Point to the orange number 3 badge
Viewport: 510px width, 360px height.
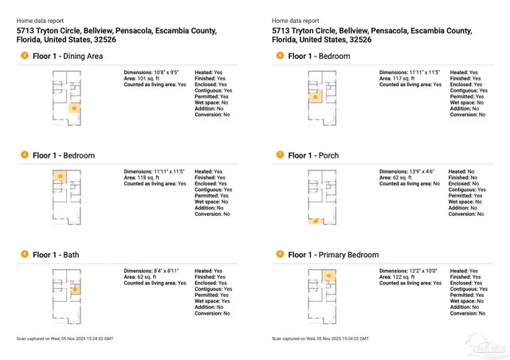pos(25,56)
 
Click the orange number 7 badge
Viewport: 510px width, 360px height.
pos(280,155)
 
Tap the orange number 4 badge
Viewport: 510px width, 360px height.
pos(25,155)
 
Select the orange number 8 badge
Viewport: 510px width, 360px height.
pos(280,254)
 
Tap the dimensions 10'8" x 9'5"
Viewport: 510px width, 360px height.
pos(153,72)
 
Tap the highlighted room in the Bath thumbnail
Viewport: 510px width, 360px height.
pos(74,290)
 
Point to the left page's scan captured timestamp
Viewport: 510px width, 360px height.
pos(65,339)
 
